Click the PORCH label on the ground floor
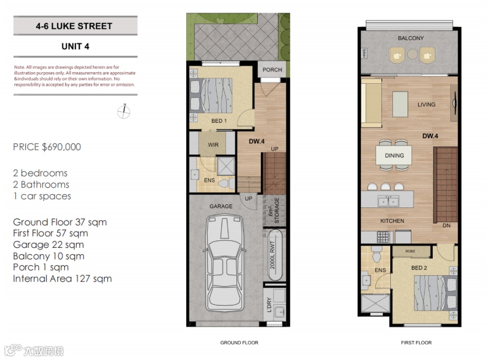(272, 70)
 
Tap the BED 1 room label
(219, 121)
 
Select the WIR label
(213, 145)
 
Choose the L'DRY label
(269, 305)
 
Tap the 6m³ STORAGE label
(274, 210)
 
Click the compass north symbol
(124, 112)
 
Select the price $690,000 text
(47, 147)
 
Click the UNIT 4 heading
(75, 46)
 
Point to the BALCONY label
(411, 38)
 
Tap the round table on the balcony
(412, 54)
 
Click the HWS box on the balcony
(364, 53)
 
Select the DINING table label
(394, 155)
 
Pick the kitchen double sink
(388, 201)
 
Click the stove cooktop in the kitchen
(383, 237)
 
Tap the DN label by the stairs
(447, 225)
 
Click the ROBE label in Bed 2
(410, 251)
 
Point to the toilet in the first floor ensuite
(377, 254)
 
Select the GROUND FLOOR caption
(239, 343)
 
